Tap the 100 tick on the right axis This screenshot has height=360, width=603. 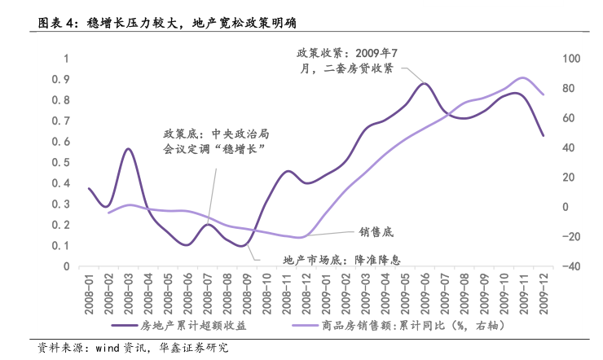570,59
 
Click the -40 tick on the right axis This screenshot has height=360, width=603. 570,266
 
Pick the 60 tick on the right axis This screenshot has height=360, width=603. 570,118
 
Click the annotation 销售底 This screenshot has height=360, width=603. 376,233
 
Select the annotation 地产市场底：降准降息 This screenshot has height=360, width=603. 343,260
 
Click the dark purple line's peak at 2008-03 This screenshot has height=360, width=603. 129,149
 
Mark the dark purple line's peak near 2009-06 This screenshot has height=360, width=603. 424,83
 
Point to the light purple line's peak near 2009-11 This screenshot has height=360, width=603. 522,78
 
